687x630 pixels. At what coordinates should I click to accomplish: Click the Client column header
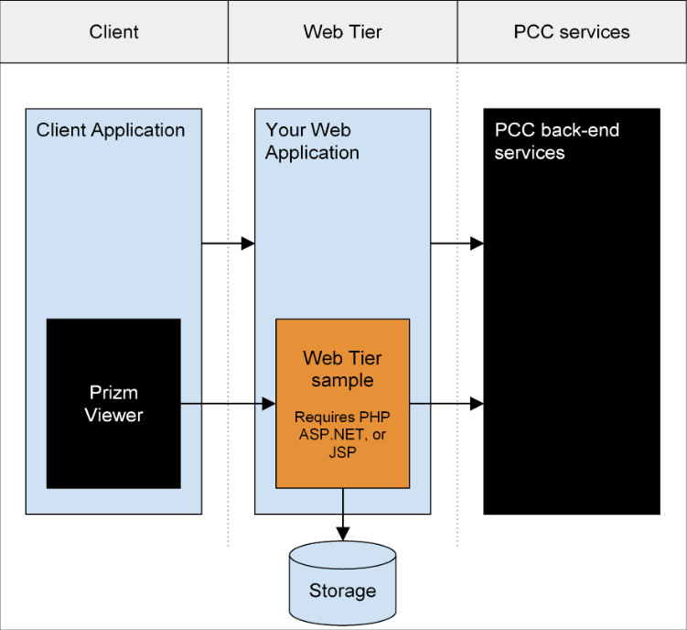tap(114, 31)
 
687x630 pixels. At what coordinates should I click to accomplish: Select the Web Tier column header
tap(343, 31)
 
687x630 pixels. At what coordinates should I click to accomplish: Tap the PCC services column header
tap(572, 31)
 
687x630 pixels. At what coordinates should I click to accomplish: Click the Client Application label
tap(111, 130)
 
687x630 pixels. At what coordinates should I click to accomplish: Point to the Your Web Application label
tap(312, 141)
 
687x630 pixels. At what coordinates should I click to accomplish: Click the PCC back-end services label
tap(556, 141)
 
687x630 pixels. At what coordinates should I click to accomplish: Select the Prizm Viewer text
tap(114, 404)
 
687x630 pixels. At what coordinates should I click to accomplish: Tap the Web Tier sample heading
tap(343, 369)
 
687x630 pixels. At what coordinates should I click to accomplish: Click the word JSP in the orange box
tap(343, 452)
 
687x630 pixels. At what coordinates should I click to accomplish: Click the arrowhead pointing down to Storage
tap(343, 534)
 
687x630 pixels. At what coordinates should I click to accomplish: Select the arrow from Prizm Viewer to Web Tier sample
tap(229, 404)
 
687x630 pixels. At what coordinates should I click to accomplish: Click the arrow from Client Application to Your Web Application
tap(229, 243)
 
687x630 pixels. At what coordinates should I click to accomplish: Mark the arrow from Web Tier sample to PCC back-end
tap(446, 404)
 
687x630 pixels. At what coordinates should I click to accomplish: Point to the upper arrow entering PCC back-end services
tap(457, 243)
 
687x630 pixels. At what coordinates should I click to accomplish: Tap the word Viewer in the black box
tap(114, 415)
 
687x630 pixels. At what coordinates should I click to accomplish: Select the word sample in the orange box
tap(343, 380)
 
